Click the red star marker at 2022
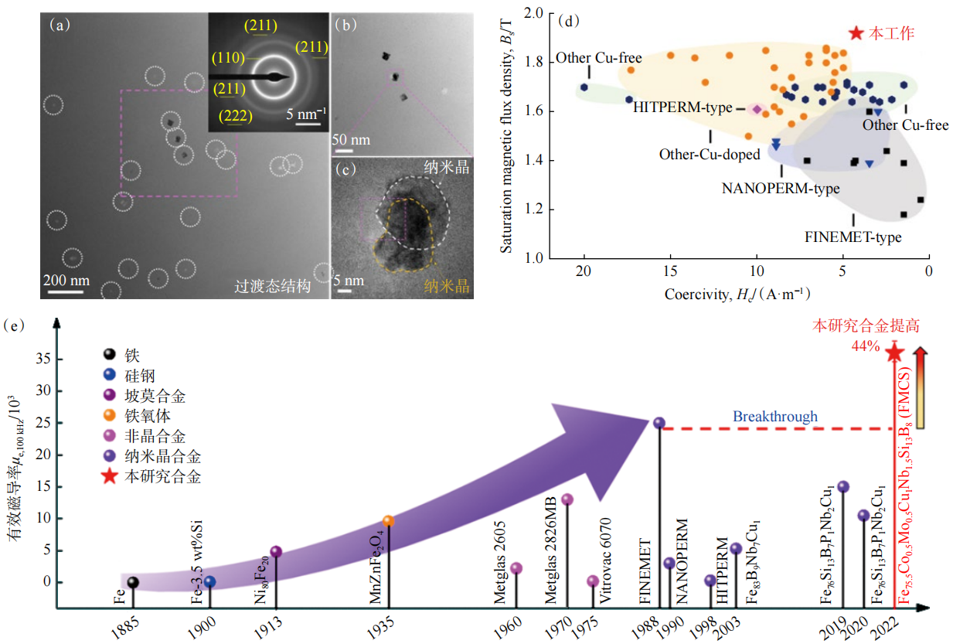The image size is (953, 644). point(894,353)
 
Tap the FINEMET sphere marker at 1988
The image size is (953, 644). point(659,423)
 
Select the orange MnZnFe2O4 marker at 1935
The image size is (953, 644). point(388,521)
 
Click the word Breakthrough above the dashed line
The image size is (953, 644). point(775,417)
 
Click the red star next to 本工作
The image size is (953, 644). point(856,33)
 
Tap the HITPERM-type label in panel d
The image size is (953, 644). point(682,108)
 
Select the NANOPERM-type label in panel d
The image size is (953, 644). point(781,188)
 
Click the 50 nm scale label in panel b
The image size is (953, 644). point(352,141)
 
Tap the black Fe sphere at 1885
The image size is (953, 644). point(133,582)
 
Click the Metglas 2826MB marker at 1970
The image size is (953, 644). point(567,499)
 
